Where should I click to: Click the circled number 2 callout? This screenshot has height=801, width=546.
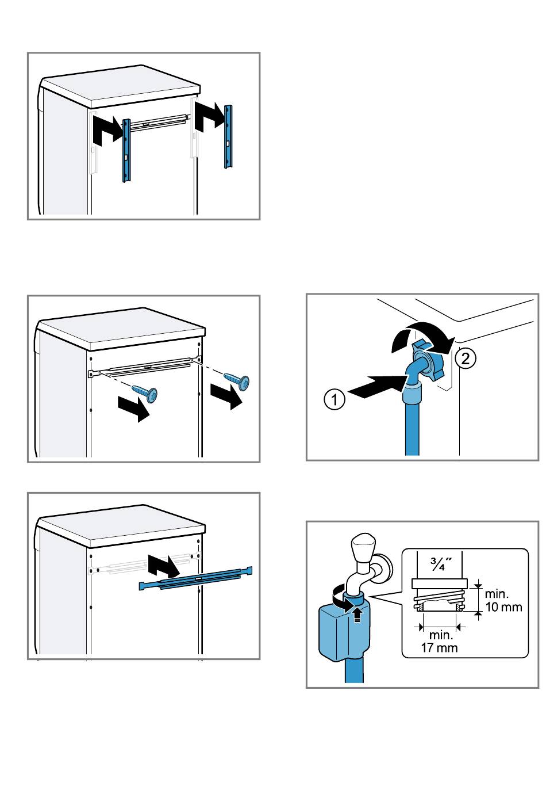465,359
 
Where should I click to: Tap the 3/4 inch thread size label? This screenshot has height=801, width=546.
441,562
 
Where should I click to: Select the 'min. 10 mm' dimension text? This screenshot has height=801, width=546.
503,600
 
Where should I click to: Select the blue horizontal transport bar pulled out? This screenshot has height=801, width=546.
195,578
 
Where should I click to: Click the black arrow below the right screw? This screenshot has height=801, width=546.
226,396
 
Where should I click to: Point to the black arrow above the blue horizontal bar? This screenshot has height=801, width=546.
163,566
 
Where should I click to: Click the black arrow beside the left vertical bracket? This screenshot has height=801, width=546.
107,129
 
